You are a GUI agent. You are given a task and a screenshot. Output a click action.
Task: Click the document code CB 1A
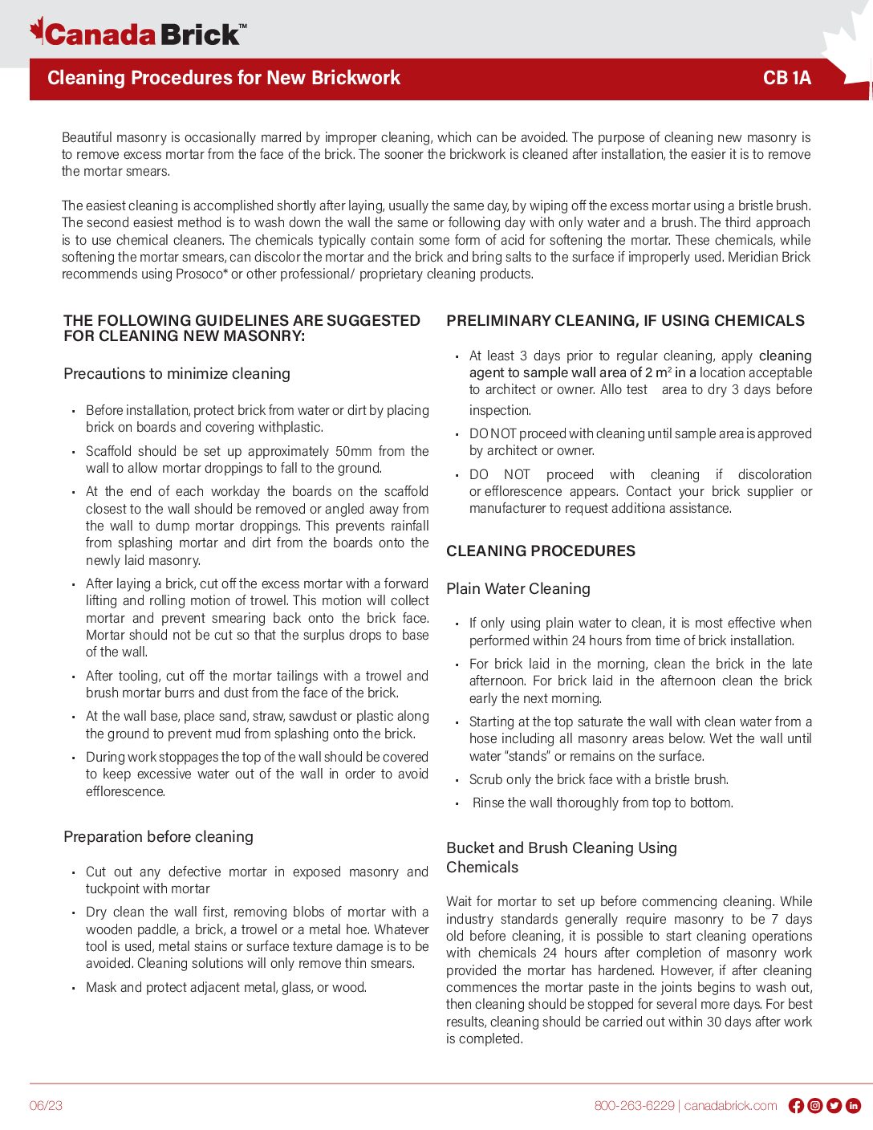click(786, 78)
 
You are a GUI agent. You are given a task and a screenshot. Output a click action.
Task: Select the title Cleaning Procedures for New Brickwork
click(224, 78)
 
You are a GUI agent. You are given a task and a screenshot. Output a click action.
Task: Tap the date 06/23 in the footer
click(46, 1106)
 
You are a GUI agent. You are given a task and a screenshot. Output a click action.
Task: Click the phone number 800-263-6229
click(634, 1106)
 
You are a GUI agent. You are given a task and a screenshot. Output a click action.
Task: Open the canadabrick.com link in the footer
click(730, 1106)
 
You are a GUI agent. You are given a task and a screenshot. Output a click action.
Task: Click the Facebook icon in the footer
click(796, 1106)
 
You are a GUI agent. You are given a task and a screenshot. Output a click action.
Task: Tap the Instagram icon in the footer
click(815, 1106)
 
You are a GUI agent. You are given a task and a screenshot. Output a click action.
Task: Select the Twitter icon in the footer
click(834, 1106)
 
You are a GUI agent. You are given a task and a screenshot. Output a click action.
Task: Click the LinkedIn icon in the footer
click(854, 1106)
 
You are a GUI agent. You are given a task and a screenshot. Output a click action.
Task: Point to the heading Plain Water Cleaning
click(518, 589)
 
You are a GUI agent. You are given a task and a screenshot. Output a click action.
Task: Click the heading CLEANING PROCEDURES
click(541, 551)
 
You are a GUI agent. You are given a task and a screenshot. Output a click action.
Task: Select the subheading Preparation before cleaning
click(158, 837)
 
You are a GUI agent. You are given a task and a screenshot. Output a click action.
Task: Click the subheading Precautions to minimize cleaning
click(177, 374)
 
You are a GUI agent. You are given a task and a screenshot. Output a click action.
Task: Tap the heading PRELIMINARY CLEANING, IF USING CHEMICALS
click(625, 321)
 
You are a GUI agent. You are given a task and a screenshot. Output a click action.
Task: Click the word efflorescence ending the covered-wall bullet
click(125, 792)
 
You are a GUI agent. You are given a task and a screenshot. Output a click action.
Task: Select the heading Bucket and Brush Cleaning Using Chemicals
click(562, 857)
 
